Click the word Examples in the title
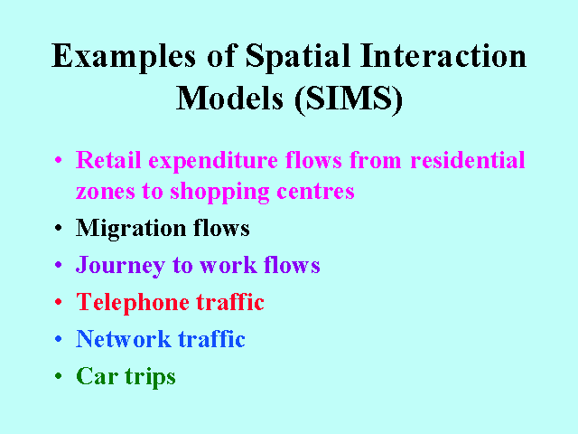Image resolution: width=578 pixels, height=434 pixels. tap(124, 57)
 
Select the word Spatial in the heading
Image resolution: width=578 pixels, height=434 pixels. tap(297, 57)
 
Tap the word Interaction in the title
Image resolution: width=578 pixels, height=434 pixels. tap(443, 55)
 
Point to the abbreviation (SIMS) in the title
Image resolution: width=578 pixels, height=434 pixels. tap(349, 99)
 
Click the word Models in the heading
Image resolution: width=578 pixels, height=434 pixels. tap(230, 98)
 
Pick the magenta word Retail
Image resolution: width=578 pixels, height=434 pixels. tap(108, 160)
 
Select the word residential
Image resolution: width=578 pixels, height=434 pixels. tap(468, 160)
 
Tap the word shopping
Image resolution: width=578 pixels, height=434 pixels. tap(219, 193)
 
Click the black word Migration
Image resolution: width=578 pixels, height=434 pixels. tap(131, 229)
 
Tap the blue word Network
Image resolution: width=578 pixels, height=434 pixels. tap(124, 339)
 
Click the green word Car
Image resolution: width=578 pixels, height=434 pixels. tap(98, 376)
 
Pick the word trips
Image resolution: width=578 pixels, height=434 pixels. tap(151, 378)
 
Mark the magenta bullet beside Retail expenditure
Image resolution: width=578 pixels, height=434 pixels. tap(58, 160)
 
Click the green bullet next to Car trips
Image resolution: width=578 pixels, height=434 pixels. tap(58, 376)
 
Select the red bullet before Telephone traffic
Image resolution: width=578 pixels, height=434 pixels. tap(58, 302)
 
